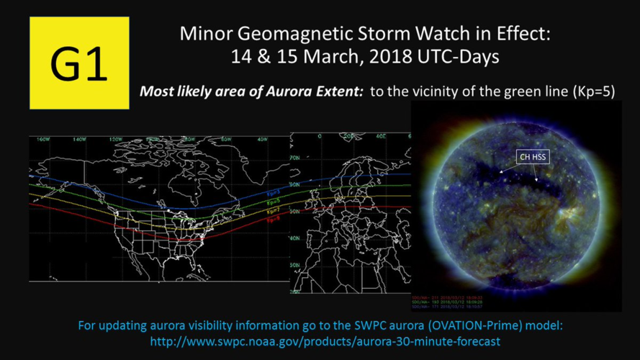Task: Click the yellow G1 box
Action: click(78, 63)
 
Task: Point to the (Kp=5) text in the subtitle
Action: click(590, 92)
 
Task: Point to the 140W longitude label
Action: click(70, 139)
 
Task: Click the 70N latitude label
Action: click(294, 156)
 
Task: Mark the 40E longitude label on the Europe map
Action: click(382, 136)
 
